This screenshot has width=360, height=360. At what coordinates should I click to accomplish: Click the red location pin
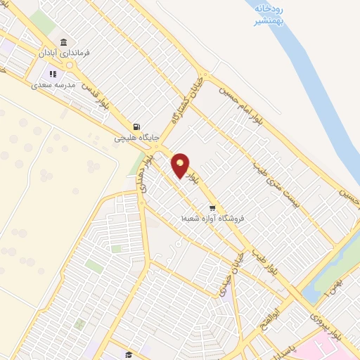[181, 165]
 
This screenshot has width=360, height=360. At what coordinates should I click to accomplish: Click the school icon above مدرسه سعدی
[52, 74]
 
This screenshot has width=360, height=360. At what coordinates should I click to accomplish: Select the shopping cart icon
[212, 208]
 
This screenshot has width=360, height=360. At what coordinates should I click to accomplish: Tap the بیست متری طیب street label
[271, 186]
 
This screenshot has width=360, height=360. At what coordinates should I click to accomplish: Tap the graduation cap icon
[129, 355]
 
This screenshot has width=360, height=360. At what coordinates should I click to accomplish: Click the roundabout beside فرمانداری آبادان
[69, 65]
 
